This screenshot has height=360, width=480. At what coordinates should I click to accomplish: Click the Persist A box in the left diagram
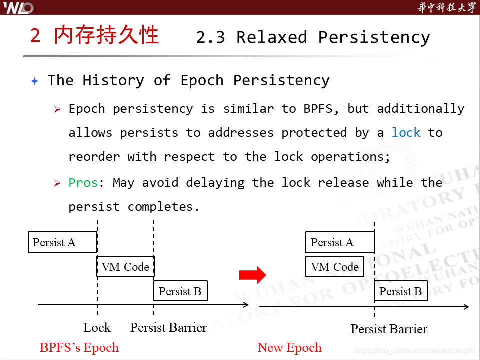pyautogui.click(x=62, y=242)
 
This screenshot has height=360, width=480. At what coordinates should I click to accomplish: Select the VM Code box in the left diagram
pyautogui.click(x=125, y=267)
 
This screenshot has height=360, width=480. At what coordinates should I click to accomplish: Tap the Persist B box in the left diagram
pyautogui.click(x=180, y=291)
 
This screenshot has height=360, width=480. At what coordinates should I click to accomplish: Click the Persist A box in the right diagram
pyautogui.click(x=340, y=242)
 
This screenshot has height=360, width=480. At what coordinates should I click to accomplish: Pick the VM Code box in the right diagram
pyautogui.click(x=335, y=267)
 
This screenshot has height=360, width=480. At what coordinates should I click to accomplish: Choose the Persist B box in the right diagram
pyautogui.click(x=401, y=291)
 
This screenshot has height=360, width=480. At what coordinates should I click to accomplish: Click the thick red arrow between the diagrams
pyautogui.click(x=252, y=274)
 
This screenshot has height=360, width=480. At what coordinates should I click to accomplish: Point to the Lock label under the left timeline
pyautogui.click(x=97, y=328)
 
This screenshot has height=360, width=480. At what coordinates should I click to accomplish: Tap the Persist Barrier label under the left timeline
pyautogui.click(x=168, y=328)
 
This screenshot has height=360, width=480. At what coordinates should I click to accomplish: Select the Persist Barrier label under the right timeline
pyautogui.click(x=389, y=329)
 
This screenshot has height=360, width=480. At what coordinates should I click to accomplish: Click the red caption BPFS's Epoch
pyautogui.click(x=79, y=348)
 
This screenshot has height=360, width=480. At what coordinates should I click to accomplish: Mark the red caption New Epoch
pyautogui.click(x=289, y=348)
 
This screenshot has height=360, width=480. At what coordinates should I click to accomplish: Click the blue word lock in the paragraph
pyautogui.click(x=406, y=133)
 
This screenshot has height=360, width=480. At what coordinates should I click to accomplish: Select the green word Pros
pyautogui.click(x=83, y=183)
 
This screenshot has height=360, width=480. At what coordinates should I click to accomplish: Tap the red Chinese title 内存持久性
pyautogui.click(x=106, y=36)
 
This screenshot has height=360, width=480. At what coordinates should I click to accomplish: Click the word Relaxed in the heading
pyautogui.click(x=272, y=37)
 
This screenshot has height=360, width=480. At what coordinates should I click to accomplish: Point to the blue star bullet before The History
pyautogui.click(x=34, y=81)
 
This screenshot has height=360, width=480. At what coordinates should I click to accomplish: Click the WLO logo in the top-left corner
pyautogui.click(x=18, y=7)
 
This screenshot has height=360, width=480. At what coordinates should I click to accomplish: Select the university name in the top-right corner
pyautogui.click(x=446, y=7)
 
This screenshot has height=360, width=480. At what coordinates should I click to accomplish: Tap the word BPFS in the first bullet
pyautogui.click(x=318, y=109)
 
